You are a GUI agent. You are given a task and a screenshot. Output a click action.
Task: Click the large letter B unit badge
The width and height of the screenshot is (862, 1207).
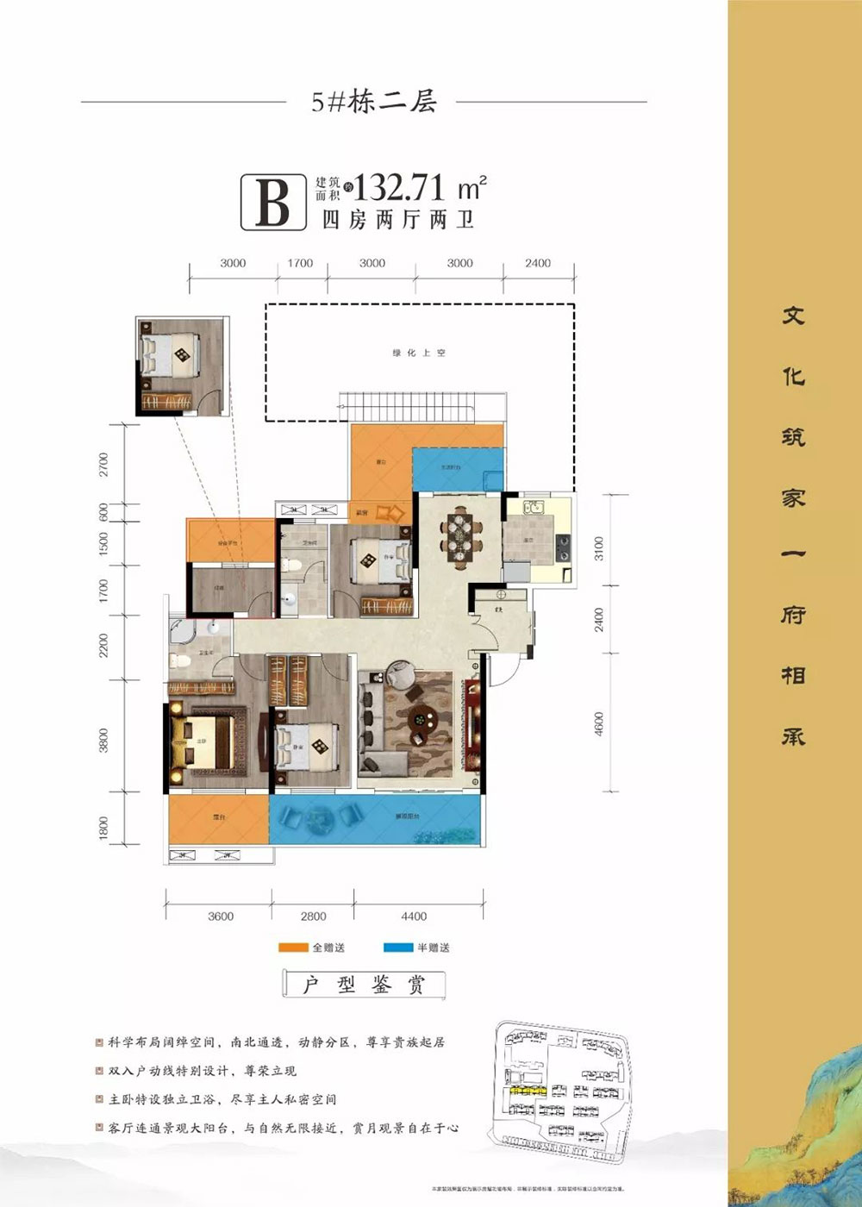click(x=273, y=202)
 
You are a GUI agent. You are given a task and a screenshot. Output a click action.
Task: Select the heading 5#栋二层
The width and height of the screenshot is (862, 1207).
click(x=374, y=103)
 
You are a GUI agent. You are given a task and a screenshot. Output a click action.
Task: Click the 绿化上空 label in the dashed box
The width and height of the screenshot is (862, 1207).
click(x=420, y=353)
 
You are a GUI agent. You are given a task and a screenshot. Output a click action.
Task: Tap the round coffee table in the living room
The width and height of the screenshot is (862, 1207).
click(x=423, y=716)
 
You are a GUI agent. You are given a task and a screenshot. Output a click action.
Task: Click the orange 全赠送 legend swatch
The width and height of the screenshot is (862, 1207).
click(x=293, y=948)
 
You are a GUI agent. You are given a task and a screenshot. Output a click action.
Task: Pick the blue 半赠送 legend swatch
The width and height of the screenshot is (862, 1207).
click(x=398, y=948)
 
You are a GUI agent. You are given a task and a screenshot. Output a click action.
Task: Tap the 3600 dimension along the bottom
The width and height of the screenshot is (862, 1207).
click(x=221, y=916)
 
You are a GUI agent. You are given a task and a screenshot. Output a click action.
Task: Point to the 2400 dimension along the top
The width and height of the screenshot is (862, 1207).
click(x=537, y=263)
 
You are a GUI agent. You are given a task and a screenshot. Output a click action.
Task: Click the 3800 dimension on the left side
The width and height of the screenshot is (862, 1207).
click(x=104, y=741)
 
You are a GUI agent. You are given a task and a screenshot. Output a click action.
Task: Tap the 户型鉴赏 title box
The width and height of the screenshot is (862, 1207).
click(x=364, y=985)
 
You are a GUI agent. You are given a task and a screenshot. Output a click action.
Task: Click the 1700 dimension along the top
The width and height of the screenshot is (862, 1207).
click(x=300, y=263)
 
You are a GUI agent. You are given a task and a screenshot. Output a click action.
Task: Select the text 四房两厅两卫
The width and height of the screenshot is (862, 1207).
click(x=398, y=220)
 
